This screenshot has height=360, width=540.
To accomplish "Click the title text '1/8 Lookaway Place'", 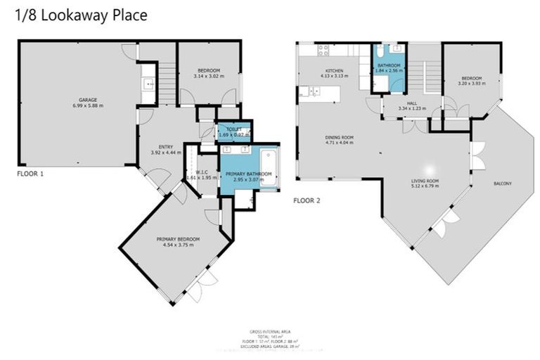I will [x=82, y=15].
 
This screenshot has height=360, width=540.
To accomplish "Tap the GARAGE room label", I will [x=87, y=100].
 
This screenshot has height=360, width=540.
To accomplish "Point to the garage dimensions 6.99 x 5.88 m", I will [x=87, y=106].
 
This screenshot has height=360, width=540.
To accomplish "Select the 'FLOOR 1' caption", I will [x=30, y=172].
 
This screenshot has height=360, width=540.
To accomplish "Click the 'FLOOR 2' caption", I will [x=307, y=200].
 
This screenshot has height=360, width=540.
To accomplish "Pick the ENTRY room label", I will [x=162, y=147].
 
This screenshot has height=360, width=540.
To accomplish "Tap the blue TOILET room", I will [x=233, y=130].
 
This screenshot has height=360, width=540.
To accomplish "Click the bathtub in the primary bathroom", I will [x=268, y=167].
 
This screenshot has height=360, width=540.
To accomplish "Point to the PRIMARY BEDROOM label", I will [x=174, y=240].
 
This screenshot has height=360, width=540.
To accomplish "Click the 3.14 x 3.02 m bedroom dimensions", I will [x=208, y=77].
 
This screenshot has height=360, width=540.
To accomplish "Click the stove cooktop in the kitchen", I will [x=324, y=50].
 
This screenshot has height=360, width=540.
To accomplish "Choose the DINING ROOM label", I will [x=339, y=137].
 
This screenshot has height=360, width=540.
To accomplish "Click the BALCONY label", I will [x=502, y=184].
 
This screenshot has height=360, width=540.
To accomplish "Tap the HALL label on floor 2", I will [x=412, y=103].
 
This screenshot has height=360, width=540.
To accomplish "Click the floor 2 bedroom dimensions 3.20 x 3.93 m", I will [x=471, y=83].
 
